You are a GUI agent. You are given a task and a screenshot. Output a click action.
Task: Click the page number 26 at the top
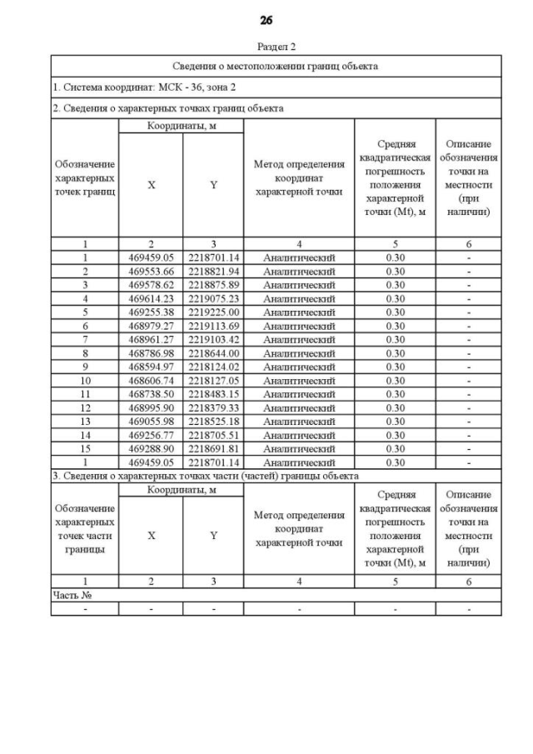(x=266, y=20)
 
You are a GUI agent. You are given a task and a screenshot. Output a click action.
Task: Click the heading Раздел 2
(x=266, y=47)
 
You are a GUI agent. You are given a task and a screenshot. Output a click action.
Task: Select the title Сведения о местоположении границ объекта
(x=276, y=66)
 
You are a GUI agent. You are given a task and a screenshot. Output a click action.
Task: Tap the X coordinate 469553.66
(x=151, y=272)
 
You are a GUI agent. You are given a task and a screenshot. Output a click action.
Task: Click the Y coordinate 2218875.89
(x=213, y=285)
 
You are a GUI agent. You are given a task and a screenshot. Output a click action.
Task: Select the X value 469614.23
(x=151, y=298)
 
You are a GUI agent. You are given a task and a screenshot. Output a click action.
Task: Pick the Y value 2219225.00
(x=213, y=312)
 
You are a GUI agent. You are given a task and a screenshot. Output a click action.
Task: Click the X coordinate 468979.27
(x=151, y=326)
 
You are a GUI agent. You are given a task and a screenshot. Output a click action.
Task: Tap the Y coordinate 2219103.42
(x=213, y=339)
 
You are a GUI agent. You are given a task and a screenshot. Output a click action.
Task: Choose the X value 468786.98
(x=151, y=353)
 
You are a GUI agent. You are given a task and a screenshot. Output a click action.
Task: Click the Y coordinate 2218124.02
(x=213, y=367)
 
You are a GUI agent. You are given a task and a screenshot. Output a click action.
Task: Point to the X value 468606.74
(x=151, y=380)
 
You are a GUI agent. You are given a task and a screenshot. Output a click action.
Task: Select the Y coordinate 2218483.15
(x=213, y=394)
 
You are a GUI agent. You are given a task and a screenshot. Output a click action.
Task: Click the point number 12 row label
(x=85, y=407)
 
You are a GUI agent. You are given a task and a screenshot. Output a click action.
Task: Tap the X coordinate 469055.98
(x=151, y=421)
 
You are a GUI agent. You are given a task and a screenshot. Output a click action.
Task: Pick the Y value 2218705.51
(x=213, y=435)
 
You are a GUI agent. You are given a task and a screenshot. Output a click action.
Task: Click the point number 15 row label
(x=85, y=448)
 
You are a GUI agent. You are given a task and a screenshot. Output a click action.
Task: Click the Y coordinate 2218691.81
(x=213, y=448)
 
